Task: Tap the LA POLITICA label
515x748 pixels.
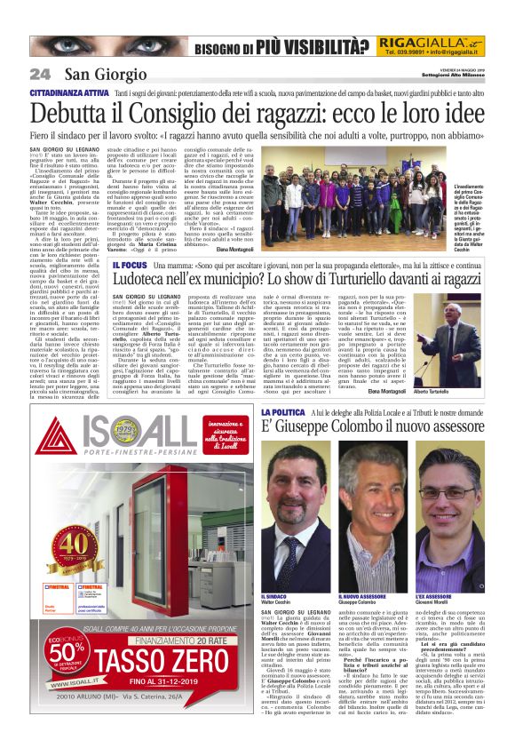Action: click(x=283, y=413)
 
